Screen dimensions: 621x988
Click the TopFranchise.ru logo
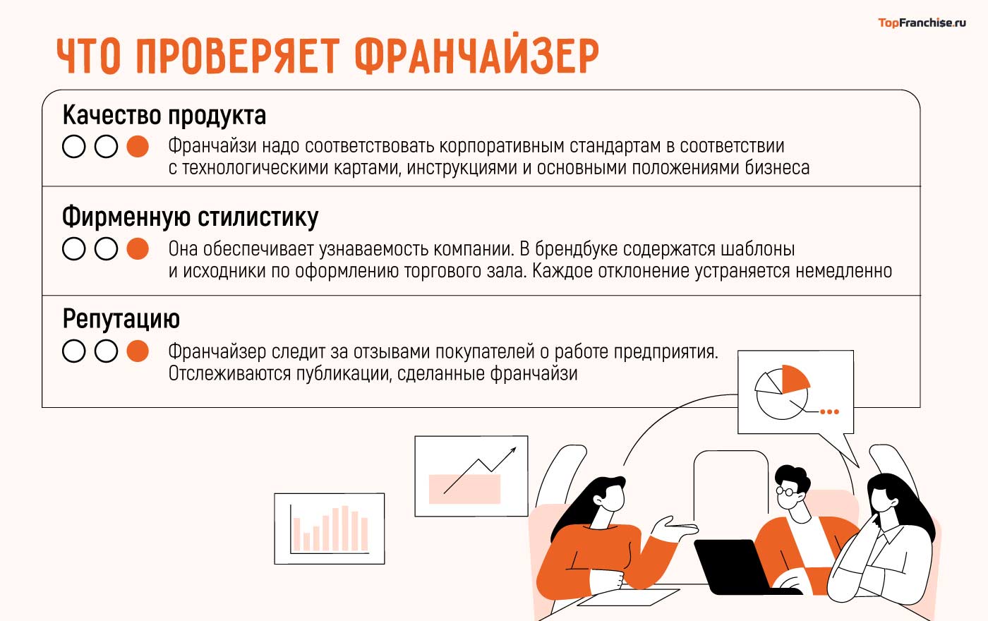point(922,23)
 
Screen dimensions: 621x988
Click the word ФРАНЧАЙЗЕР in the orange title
point(476,56)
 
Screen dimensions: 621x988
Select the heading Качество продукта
point(164,115)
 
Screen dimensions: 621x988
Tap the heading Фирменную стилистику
point(190,217)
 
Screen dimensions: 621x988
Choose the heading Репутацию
point(121,319)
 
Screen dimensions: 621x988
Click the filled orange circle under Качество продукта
point(138,147)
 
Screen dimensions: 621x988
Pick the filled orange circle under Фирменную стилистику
point(138,249)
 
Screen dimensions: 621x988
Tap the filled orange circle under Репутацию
point(138,351)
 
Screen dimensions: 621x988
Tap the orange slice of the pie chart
point(794,378)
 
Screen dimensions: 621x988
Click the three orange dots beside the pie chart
point(830,411)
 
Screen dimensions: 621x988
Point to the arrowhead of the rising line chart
point(512,450)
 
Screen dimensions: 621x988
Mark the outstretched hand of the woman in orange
point(674,528)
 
